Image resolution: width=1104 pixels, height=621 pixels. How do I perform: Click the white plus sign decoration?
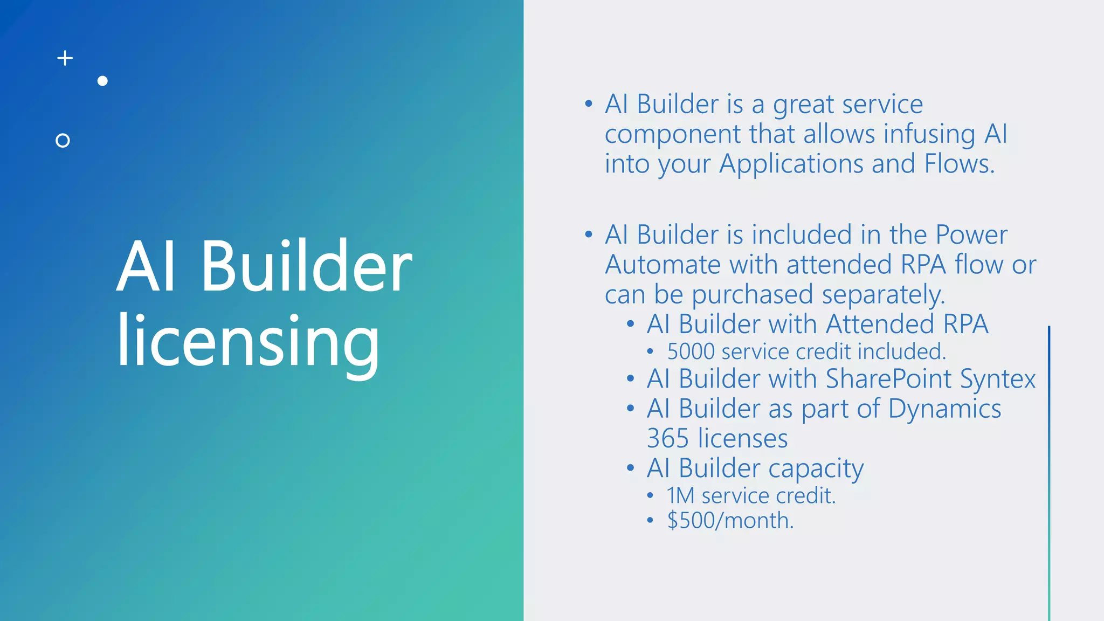pyautogui.click(x=65, y=58)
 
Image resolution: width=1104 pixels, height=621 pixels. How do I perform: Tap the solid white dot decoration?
pyautogui.click(x=102, y=81)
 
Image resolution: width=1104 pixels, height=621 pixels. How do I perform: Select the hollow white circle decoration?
pyautogui.click(x=63, y=141)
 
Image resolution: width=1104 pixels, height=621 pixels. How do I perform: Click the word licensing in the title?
pyautogui.click(x=249, y=342)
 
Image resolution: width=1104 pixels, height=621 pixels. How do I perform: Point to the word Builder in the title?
pyautogui.click(x=306, y=266)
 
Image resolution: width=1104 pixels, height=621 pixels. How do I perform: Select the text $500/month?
pyautogui.click(x=730, y=520)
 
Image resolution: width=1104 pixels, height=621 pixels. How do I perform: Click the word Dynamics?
pyautogui.click(x=944, y=409)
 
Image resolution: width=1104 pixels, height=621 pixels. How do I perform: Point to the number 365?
pyautogui.click(x=668, y=438)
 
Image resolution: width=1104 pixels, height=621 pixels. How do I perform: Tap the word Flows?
pyautogui.click(x=959, y=163)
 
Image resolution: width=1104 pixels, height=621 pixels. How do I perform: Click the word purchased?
pyautogui.click(x=752, y=295)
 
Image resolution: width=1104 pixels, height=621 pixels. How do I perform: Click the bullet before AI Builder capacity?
pyautogui.click(x=630, y=468)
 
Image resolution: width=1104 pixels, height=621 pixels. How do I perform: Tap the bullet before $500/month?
pyautogui.click(x=650, y=520)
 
